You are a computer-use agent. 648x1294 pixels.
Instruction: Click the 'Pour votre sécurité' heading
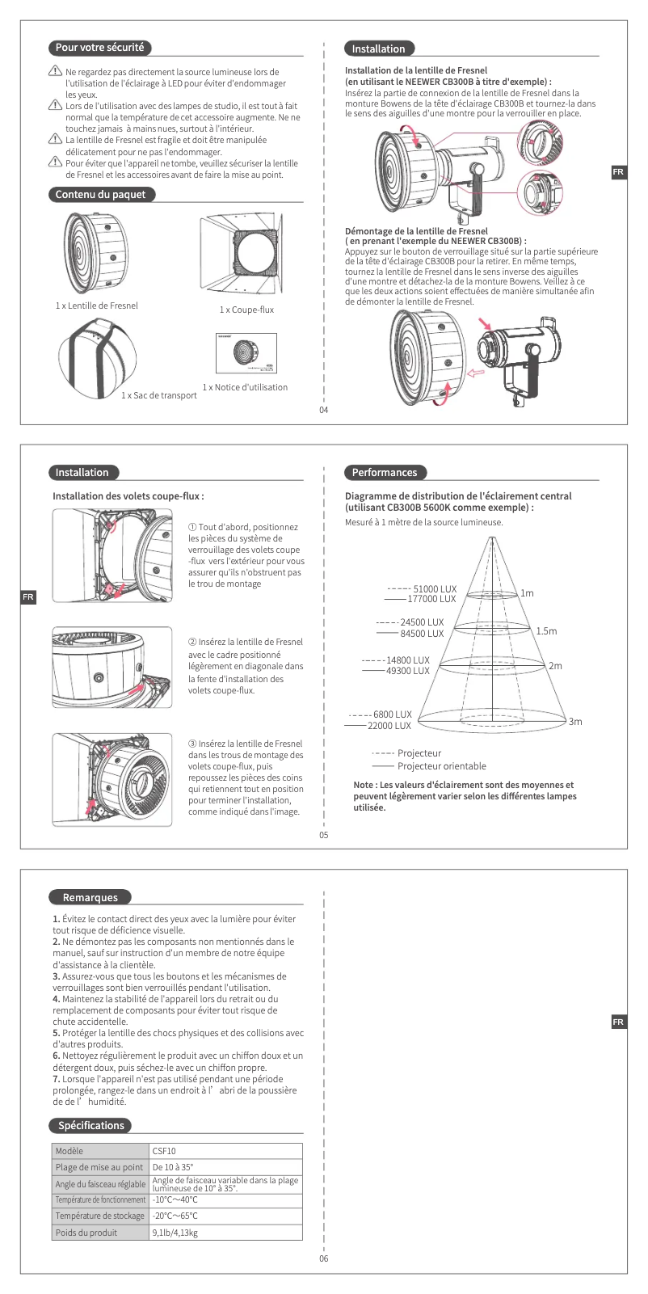(x=99, y=48)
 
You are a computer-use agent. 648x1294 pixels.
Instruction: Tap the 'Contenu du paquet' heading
(x=101, y=195)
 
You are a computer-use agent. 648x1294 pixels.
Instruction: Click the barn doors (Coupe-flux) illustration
(x=240, y=256)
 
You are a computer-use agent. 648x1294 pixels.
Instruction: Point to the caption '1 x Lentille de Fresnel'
(x=97, y=306)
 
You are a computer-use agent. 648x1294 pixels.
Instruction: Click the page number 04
(x=324, y=410)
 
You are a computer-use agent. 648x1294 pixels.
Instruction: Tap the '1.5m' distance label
(x=546, y=631)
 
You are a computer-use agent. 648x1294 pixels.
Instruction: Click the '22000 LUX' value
(x=389, y=726)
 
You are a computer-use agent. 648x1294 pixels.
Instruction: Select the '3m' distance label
(x=575, y=722)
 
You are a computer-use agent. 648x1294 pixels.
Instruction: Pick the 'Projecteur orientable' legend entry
(x=441, y=766)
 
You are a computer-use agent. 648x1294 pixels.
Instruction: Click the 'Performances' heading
(x=385, y=473)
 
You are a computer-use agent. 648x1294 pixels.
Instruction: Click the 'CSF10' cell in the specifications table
(x=164, y=1151)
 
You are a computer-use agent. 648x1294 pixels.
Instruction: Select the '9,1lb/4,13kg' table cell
(x=175, y=1233)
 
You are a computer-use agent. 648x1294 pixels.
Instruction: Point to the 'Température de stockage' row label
(x=100, y=1216)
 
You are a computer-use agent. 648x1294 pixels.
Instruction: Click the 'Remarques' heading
(x=90, y=897)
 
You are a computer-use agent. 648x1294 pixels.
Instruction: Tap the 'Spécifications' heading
(x=91, y=1125)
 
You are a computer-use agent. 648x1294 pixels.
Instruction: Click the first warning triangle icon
(x=55, y=73)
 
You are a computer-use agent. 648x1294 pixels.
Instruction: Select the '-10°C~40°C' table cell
(x=175, y=1199)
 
